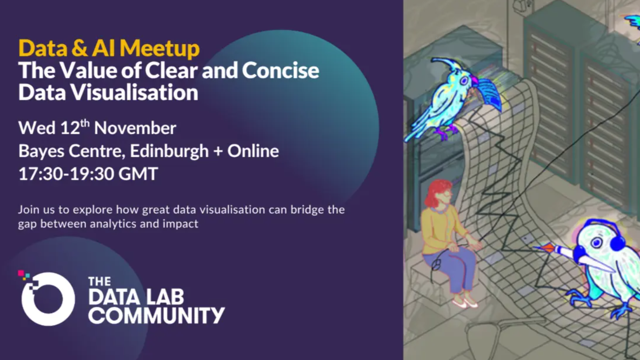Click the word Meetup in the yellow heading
pos(160,48)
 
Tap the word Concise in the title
pos(280,70)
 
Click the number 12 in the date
pos(70,128)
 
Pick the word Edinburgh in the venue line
pos(169,151)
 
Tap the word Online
pos(253,151)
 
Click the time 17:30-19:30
pos(66,174)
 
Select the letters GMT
pos(138,174)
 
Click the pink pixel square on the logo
pos(21,273)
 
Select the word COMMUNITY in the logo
pos(157,315)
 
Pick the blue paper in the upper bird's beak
pos(489,94)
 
